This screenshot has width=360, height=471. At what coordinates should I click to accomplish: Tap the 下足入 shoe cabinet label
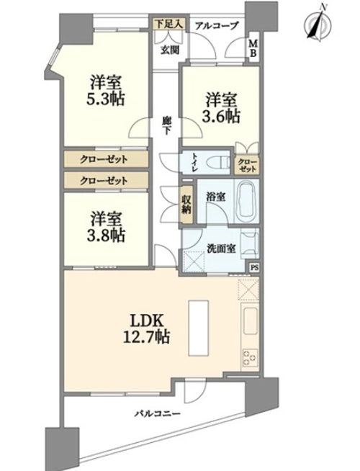pyautogui.click(x=168, y=24)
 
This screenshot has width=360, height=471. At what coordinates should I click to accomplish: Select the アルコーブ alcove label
pyautogui.click(x=216, y=26)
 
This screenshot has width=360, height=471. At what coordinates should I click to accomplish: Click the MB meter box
pyautogui.click(x=253, y=49)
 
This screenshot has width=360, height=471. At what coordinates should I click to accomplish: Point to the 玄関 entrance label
pyautogui.click(x=170, y=50)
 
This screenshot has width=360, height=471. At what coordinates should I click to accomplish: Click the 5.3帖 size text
pyautogui.click(x=105, y=99)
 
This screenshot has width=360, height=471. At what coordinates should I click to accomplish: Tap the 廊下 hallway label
pyautogui.click(x=167, y=125)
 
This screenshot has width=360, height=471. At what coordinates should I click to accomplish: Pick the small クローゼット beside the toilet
pyautogui.click(x=247, y=166)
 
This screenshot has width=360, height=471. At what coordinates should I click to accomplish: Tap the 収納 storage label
pyautogui.click(x=186, y=205)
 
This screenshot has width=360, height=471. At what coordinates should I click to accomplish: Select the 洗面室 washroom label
pyautogui.click(x=221, y=248)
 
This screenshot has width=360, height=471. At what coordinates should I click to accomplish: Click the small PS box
pyautogui.click(x=255, y=268)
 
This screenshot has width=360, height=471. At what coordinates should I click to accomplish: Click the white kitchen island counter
pyautogui.click(x=199, y=328)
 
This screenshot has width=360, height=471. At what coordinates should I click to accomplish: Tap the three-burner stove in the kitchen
pyautogui.click(x=250, y=358)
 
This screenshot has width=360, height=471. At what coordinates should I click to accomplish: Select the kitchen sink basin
pyautogui.click(x=250, y=320)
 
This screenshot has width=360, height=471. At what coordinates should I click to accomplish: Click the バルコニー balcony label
pyautogui.click(x=157, y=413)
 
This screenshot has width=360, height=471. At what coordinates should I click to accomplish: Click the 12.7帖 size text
pyautogui.click(x=146, y=336)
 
